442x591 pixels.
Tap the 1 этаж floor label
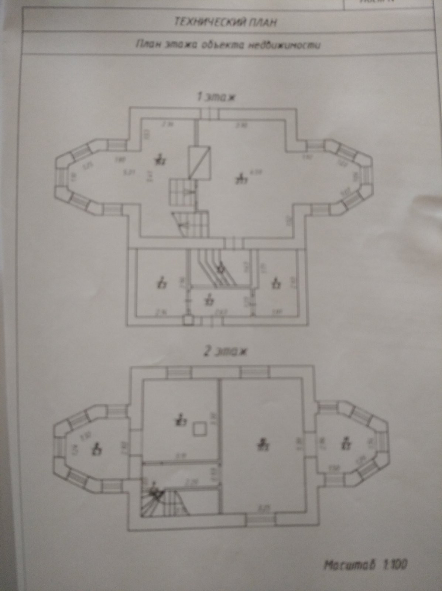(216, 98)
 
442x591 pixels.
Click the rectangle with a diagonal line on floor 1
(200, 163)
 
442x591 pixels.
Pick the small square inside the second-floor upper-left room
(199, 429)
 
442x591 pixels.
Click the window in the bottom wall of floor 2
(258, 520)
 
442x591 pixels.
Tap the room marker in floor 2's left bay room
(97, 448)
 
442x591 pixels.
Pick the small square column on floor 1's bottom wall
(188, 320)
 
